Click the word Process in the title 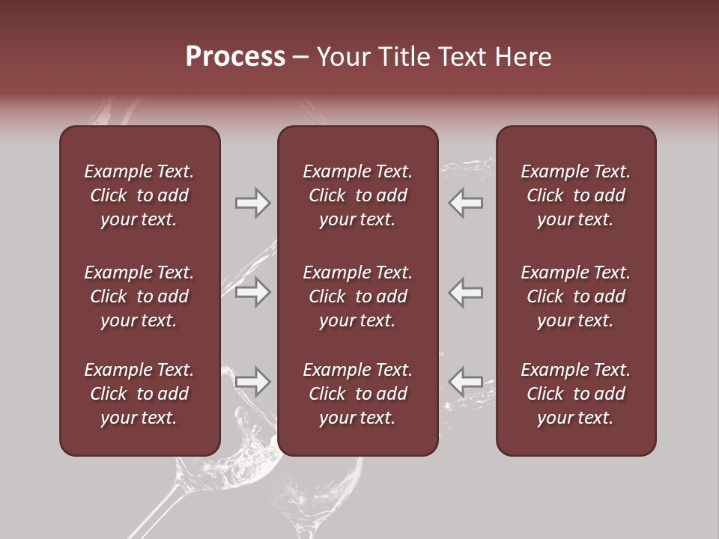pos(235,57)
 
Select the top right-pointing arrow pos(253,203)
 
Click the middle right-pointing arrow pos(253,292)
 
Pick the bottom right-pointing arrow pos(253,382)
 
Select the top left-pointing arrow pos(465,203)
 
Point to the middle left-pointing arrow pos(465,292)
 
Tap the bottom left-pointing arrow pos(465,382)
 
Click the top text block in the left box pos(139,195)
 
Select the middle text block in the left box pos(139,296)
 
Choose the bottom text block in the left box pos(139,394)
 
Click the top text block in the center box pos(358,195)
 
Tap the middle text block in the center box pos(358,296)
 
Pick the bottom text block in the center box pos(358,394)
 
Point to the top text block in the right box pos(576,195)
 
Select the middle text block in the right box pos(576,296)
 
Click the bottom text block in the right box pos(576,394)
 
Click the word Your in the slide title pos(342,57)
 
